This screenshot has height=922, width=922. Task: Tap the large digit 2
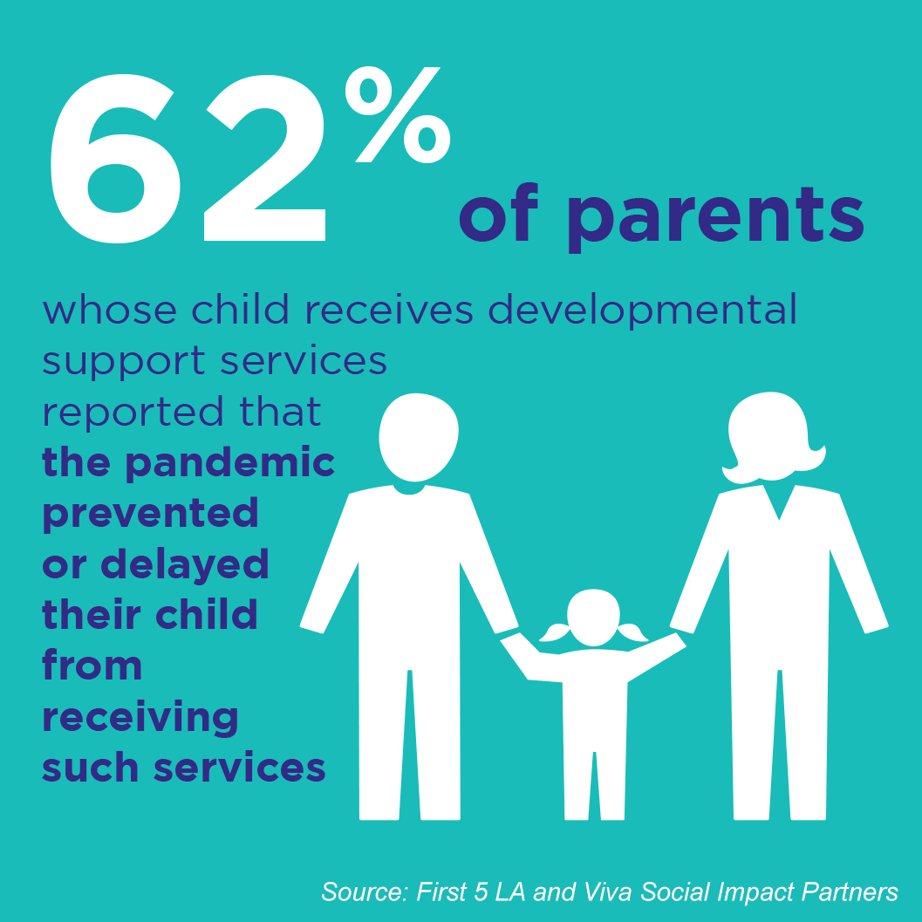[265, 158]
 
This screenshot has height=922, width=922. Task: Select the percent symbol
[398, 114]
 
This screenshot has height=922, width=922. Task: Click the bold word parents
[715, 219]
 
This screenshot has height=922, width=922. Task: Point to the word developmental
[642, 311]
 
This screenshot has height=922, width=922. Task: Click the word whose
[109, 310]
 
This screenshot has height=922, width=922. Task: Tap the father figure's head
[419, 437]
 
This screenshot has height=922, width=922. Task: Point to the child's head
[594, 618]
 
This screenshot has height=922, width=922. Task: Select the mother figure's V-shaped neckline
[779, 502]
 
